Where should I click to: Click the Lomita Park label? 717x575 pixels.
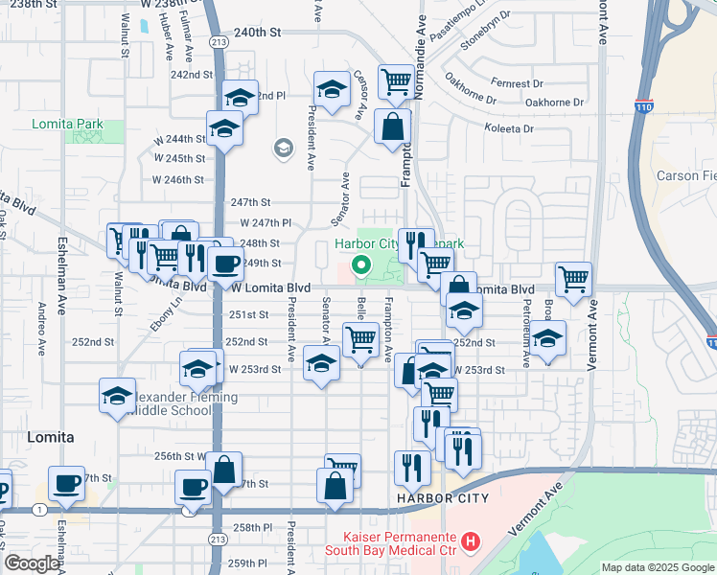click(65, 125)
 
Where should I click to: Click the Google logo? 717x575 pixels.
click(31, 563)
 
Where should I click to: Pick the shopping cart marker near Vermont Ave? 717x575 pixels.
click(573, 280)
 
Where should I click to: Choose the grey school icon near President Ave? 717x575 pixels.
click(283, 149)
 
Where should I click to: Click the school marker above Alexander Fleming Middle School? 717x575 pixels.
click(117, 395)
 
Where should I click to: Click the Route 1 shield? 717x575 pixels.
click(35, 509)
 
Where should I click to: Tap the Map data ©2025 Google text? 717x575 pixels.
click(658, 567)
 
